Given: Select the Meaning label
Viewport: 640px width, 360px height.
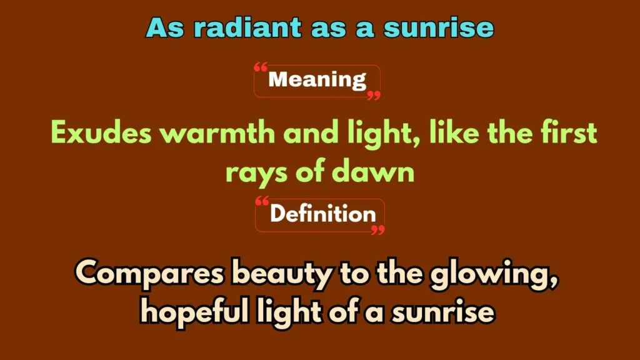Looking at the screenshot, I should click(317, 80).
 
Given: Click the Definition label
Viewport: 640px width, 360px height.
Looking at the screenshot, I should click(322, 214).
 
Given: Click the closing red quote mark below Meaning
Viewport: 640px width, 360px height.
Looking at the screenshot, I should click(373, 95).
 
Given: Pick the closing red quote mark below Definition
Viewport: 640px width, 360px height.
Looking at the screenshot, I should click(377, 229).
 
